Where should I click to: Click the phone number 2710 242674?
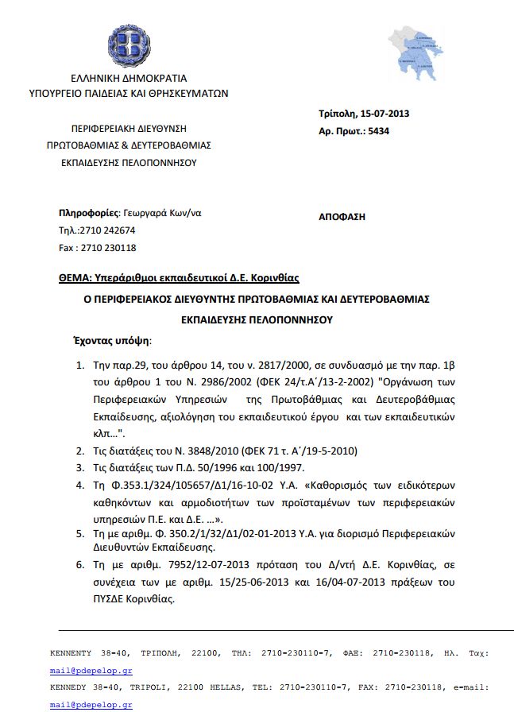[109, 230]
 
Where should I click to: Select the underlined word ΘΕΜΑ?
[75, 278]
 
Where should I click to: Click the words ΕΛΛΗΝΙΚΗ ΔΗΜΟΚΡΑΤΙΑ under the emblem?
[129, 79]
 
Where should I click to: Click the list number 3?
[79, 467]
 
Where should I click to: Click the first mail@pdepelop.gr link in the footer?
[80, 671]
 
